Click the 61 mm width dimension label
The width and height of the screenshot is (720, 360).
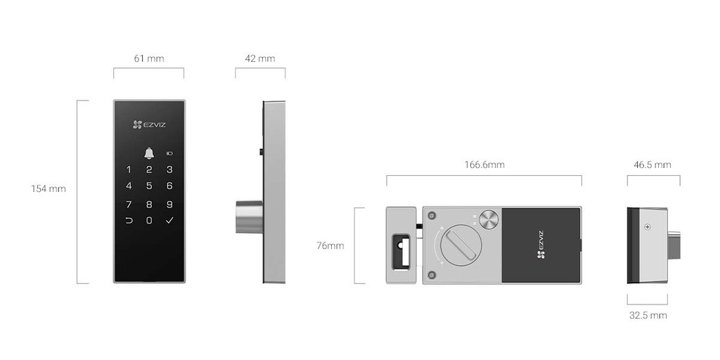(x=148, y=58)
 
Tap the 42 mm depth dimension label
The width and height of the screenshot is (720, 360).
(x=259, y=58)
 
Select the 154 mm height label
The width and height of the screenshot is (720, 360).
(x=48, y=188)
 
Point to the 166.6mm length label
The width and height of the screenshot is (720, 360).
(x=484, y=165)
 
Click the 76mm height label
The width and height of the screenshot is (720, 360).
(x=330, y=245)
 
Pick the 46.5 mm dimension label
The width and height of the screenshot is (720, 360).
(x=652, y=165)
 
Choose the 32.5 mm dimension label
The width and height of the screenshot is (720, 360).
(x=648, y=315)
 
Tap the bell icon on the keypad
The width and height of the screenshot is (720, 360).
(x=148, y=153)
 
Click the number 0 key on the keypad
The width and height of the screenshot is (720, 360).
(x=148, y=221)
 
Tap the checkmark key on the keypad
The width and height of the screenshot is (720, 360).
(x=169, y=221)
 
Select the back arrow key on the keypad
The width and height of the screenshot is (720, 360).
(x=129, y=221)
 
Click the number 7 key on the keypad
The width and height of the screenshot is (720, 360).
(x=129, y=205)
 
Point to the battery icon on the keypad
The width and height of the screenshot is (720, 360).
(x=169, y=153)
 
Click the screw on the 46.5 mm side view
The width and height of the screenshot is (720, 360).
(x=647, y=226)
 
